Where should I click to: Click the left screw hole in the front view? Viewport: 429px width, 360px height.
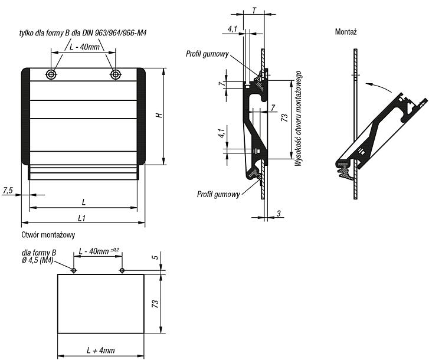pos(51,74)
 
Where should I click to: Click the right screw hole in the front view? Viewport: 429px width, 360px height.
pos(116,74)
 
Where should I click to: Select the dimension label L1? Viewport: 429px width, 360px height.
pos(82,218)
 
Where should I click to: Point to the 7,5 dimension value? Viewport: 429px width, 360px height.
pos(8,191)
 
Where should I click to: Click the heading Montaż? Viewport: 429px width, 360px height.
pos(346,32)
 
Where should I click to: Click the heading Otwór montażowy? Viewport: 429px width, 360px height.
pos(48,235)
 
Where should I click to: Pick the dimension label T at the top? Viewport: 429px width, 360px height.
pos(254,11)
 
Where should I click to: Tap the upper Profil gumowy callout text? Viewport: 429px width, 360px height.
pos(207,54)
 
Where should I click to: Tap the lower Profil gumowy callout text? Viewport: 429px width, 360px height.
pos(218,194)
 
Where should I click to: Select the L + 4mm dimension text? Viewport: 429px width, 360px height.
pos(101,351)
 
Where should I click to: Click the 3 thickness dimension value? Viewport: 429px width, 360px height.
pos(279,214)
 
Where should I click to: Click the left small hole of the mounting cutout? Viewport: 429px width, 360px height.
pos(74,270)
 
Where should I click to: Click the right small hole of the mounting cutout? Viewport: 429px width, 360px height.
pos(122,270)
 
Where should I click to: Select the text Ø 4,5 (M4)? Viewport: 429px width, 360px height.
pos(38,260)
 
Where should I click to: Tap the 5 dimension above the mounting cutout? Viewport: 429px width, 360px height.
pos(155,257)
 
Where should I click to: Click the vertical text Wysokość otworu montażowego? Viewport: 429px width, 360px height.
pos(298,119)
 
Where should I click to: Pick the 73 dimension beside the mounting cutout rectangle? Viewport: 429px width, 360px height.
pos(155,304)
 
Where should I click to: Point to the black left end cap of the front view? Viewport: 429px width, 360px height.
pos(25,116)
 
